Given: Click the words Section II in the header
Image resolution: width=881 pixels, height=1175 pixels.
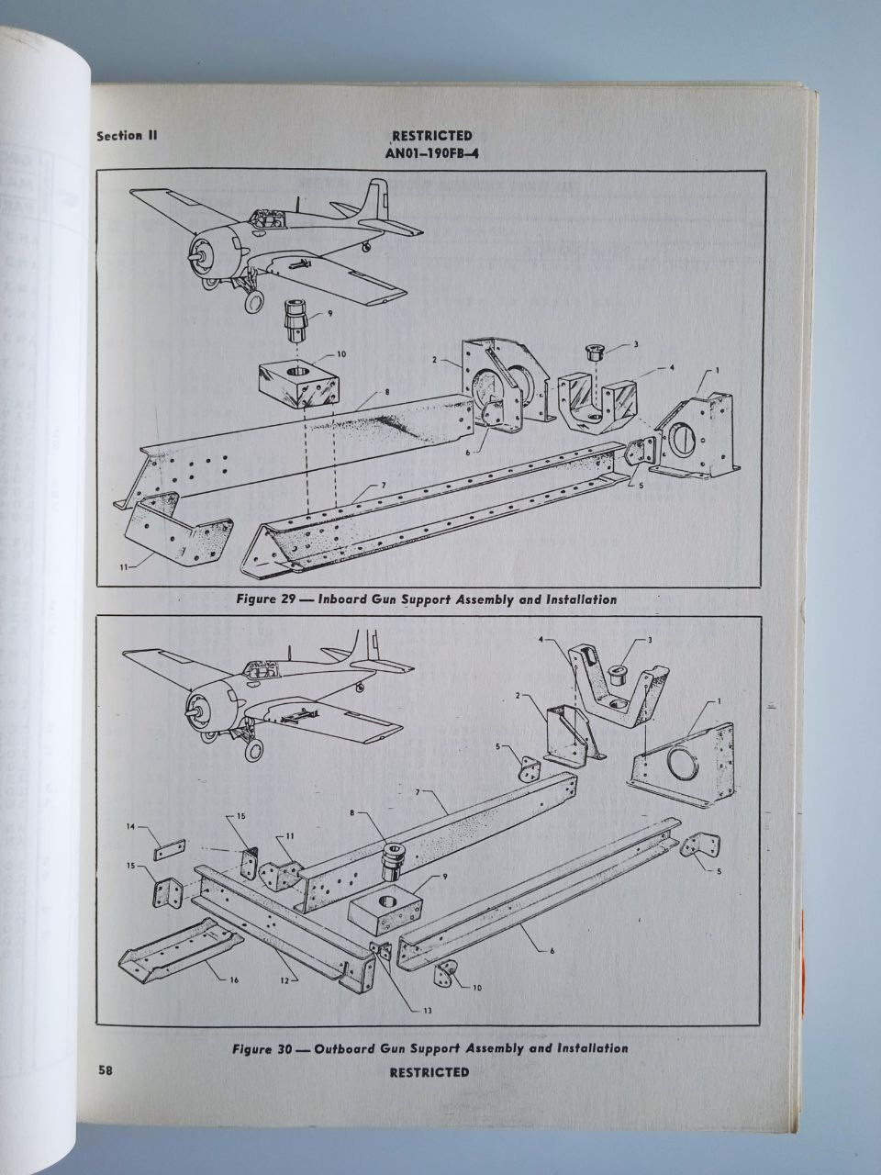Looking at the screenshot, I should click(128, 136).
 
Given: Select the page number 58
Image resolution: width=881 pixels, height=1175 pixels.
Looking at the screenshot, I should click(106, 1070).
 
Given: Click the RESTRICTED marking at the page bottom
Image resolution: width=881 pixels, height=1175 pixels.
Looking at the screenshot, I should click(429, 1072).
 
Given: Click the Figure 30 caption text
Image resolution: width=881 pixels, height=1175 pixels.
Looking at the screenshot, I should click(429, 1047).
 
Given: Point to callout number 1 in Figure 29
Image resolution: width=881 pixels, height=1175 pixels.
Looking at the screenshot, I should click(717, 370).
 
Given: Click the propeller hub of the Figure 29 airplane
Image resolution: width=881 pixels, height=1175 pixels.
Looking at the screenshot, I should click(195, 257).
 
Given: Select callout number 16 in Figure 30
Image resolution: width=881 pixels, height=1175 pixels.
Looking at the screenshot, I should click(234, 980).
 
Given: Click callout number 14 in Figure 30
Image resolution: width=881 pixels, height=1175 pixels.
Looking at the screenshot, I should click(130, 827).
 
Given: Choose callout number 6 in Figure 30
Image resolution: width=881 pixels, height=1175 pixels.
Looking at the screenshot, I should click(552, 951).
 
